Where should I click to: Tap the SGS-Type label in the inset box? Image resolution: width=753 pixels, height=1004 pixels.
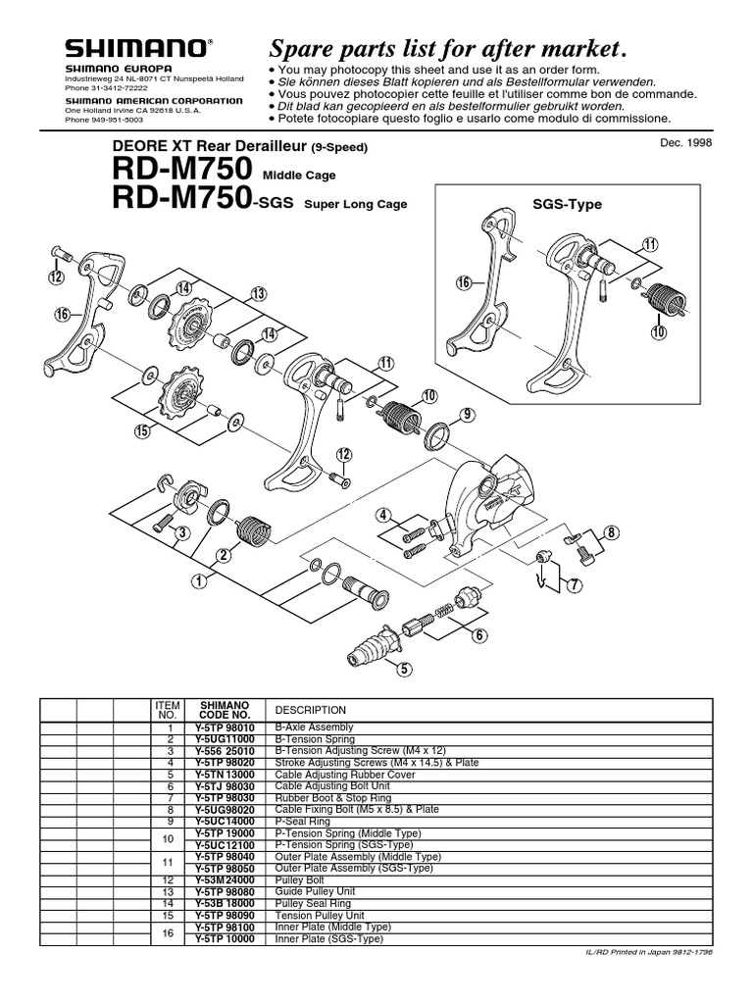(x=567, y=205)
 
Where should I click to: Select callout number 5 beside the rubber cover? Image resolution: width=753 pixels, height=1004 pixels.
(x=400, y=670)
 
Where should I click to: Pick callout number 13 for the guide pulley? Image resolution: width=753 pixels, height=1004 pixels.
(x=259, y=293)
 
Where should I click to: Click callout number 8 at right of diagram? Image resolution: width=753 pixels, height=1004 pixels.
(x=613, y=532)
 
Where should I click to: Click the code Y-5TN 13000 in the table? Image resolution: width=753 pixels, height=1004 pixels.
(x=225, y=774)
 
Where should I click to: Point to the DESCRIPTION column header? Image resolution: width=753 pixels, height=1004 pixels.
(x=311, y=709)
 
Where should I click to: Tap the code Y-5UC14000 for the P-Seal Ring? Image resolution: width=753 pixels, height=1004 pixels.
(x=225, y=820)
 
